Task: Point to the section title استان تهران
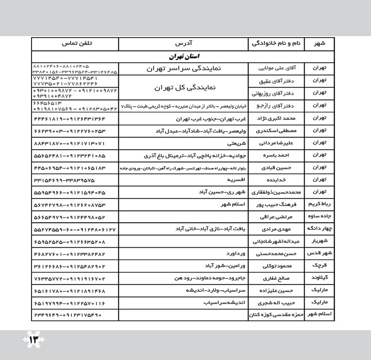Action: tap(185, 57)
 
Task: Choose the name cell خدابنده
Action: tap(276, 179)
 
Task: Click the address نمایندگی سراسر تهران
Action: tap(184, 69)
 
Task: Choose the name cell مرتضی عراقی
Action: tap(276, 216)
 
